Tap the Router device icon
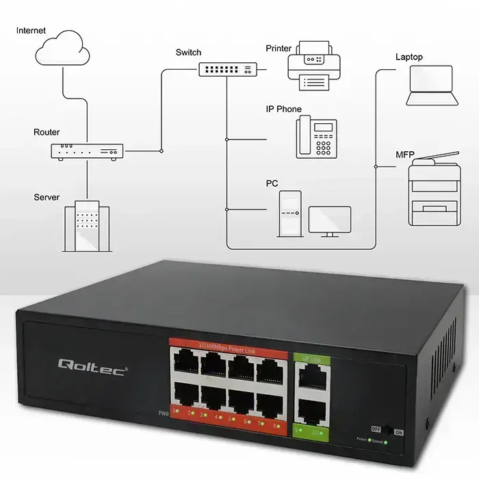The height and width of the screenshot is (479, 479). (87, 151)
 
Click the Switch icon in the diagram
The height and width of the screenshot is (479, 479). (229, 68)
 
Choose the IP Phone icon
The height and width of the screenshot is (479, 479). (315, 138)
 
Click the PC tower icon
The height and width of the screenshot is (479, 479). (289, 213)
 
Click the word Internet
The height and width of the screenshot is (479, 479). (31, 31)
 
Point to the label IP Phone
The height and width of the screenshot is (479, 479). (283, 109)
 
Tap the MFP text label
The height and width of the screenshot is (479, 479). (404, 156)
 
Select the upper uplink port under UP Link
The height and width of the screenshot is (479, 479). (311, 374)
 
